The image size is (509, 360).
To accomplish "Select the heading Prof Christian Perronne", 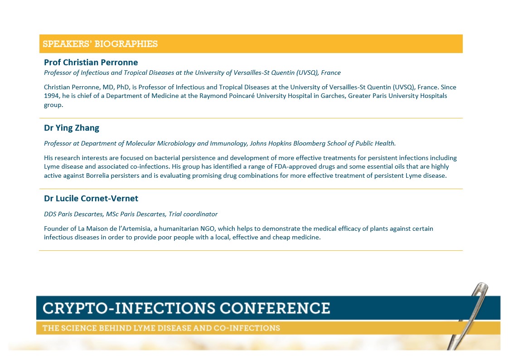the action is coord(91,62).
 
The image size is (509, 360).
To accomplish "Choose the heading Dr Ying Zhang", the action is coord(72,128).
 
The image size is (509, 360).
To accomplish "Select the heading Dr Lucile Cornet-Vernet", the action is coord(91,198).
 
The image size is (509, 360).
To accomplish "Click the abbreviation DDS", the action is coord(50,214).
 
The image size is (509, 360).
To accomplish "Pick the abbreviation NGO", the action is coord(208,229).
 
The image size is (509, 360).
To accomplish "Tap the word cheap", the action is coord(281,237).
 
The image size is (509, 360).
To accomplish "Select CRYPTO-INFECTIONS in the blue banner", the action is coord(129,308).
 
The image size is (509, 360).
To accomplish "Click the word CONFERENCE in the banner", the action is coord(275,308).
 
